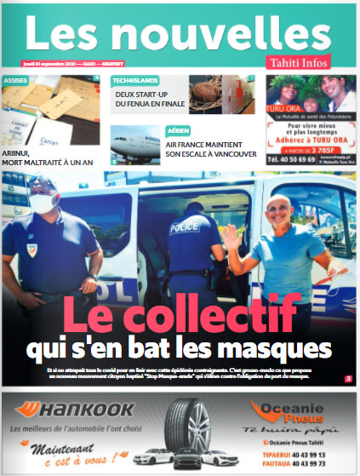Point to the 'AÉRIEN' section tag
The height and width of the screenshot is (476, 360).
(176, 131)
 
